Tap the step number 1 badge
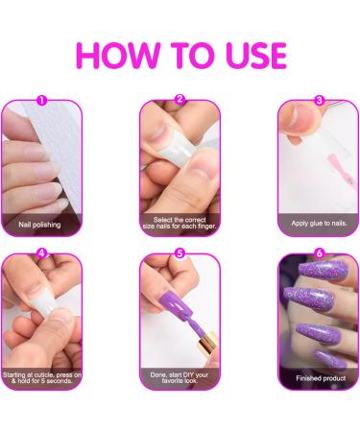pyautogui.click(x=41, y=99)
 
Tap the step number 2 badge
pyautogui.click(x=180, y=99)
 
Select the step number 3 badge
pyautogui.click(x=320, y=99)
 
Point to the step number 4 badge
pyautogui.click(x=41, y=254)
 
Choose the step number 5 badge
pyautogui.click(x=180, y=254)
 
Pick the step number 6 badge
pyautogui.click(x=320, y=254)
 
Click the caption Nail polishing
pyautogui.click(x=41, y=226)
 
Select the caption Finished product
pyautogui.click(x=319, y=378)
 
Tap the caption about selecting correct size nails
pyautogui.click(x=180, y=224)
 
